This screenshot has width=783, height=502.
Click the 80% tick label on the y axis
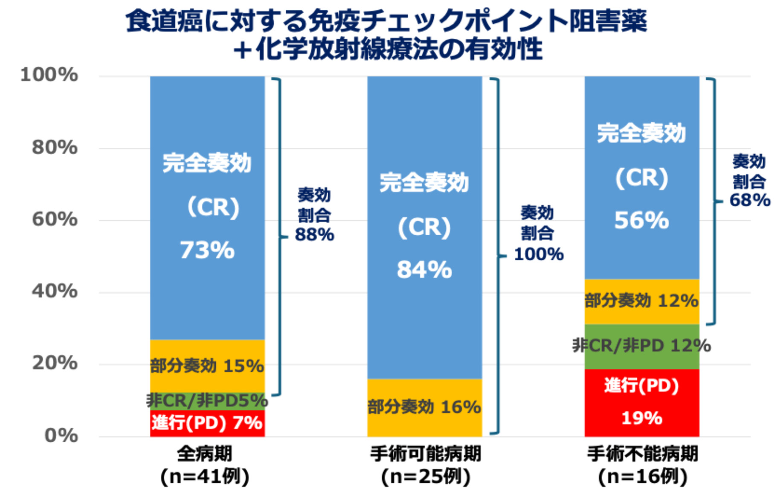point(55,147)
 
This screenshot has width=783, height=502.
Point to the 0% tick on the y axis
point(61,435)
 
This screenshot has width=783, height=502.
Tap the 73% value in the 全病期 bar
point(207,250)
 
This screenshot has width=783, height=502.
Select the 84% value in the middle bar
point(424,270)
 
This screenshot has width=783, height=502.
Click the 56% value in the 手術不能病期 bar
point(641,221)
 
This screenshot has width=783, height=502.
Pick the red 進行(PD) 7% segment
point(207,423)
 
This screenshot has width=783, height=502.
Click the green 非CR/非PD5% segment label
point(207,400)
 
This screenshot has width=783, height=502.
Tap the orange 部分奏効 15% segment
point(207,366)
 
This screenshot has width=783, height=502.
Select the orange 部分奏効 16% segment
point(424,407)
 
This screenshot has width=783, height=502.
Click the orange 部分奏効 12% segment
point(641,301)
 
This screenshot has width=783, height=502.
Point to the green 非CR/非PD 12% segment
point(641,345)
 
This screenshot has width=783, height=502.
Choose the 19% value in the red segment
point(641,418)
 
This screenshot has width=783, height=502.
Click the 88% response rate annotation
point(315,235)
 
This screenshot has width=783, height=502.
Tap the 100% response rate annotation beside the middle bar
point(539,254)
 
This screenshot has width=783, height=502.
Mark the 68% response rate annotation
point(750,200)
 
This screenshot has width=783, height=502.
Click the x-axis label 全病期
point(205,453)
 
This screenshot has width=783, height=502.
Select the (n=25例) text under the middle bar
point(426,476)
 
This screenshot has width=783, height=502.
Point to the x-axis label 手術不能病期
point(642,453)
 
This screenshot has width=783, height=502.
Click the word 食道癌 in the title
point(164,21)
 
